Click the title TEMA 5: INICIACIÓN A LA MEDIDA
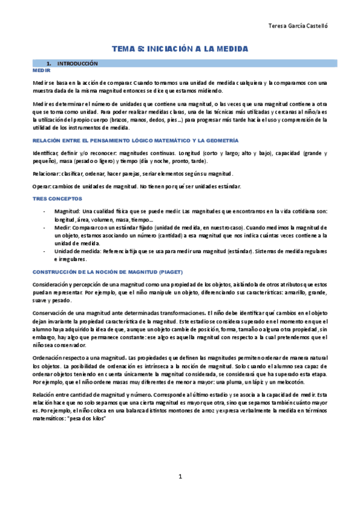[180, 48]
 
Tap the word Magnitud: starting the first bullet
[66, 211]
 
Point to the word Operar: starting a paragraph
[43, 186]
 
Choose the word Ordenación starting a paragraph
[50, 358]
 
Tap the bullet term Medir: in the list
[63, 228]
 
